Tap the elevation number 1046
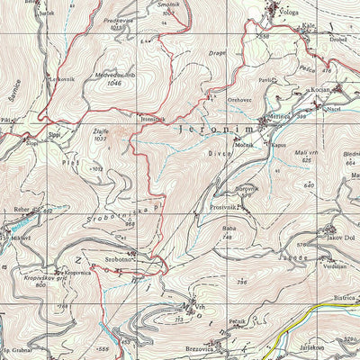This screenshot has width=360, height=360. point(113,83)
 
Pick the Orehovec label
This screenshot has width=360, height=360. point(239,100)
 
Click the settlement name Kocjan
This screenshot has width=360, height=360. point(322,91)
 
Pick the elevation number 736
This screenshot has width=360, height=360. point(241,283)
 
